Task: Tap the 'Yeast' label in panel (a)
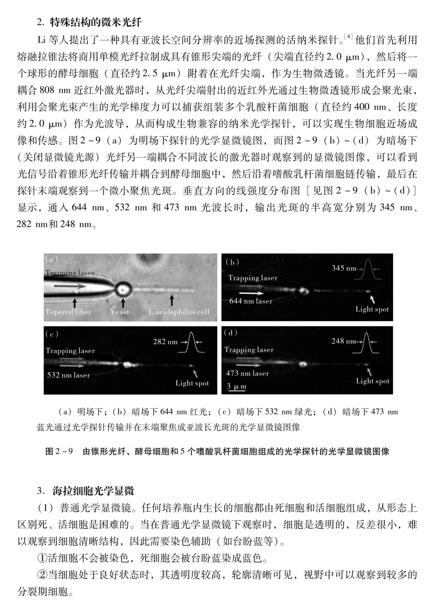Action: (x=120, y=312)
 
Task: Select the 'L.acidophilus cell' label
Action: (x=179, y=312)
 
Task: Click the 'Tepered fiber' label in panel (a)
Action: (x=69, y=312)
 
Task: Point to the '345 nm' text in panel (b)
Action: (x=343, y=268)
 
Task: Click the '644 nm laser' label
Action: (x=251, y=301)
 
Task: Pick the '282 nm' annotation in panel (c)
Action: (x=165, y=342)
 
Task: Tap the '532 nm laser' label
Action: (x=69, y=375)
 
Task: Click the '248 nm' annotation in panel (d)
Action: (x=343, y=341)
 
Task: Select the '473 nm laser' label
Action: (x=247, y=373)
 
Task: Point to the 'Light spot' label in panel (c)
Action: (x=192, y=383)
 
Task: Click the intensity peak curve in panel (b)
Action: (x=368, y=269)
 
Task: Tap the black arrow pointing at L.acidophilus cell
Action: (x=172, y=301)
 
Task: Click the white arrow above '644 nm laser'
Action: (x=251, y=293)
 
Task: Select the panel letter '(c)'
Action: (x=52, y=334)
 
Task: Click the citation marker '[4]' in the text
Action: (x=349, y=36)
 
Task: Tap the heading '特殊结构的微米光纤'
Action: (x=96, y=22)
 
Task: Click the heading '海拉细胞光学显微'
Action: (x=94, y=491)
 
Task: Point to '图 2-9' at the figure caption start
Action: (x=59, y=451)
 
